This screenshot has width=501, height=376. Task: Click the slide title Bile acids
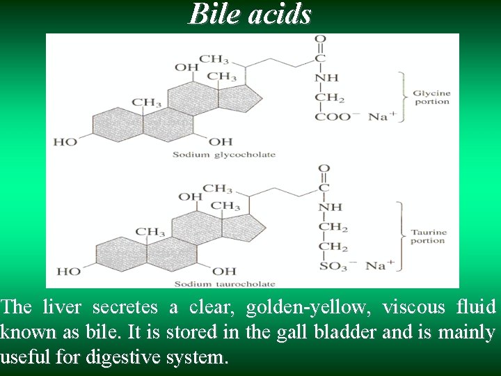(250, 13)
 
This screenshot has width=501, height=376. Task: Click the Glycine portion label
(432, 97)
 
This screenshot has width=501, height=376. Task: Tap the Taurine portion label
(428, 236)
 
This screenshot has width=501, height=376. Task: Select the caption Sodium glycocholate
(224, 155)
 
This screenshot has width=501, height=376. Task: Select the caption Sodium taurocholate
(225, 284)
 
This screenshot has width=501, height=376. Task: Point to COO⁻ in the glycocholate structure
(333, 116)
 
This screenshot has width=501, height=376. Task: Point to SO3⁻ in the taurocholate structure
(335, 265)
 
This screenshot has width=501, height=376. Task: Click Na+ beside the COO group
(381, 116)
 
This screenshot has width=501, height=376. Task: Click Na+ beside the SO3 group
(380, 265)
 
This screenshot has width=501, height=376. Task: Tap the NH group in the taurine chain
(331, 207)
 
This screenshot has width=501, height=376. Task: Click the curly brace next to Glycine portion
(401, 97)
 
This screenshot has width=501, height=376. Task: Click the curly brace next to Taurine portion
(401, 236)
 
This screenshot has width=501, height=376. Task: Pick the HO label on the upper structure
(65, 141)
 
